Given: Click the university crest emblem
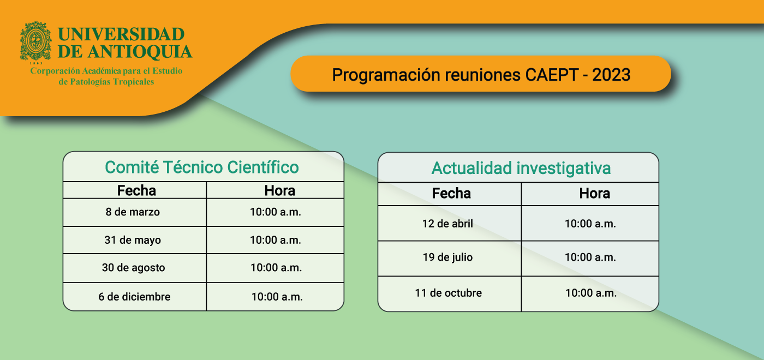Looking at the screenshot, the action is click(x=35, y=41).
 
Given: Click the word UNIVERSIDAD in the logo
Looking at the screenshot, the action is click(x=121, y=34).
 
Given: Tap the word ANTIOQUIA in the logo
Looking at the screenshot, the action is click(x=140, y=52).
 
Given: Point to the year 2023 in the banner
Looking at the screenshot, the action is click(x=611, y=75).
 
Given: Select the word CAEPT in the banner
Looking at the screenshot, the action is click(x=552, y=75).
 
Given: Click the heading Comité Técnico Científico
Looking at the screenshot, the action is click(x=202, y=167).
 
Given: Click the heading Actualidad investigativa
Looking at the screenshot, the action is click(x=521, y=169).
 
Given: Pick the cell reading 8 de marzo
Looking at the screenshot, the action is click(x=133, y=212).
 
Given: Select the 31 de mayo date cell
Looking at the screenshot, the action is click(x=133, y=240).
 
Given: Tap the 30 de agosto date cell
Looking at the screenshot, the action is click(x=133, y=268).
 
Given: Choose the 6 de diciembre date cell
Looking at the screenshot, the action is click(x=134, y=297).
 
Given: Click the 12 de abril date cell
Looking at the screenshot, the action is click(x=447, y=224).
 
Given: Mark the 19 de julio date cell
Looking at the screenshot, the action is click(x=447, y=257).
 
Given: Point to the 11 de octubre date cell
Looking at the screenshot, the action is click(x=448, y=293).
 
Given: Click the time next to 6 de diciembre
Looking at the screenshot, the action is click(x=277, y=297).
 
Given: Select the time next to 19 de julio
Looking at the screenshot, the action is click(x=590, y=257).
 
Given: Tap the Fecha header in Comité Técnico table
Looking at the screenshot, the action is click(x=136, y=190).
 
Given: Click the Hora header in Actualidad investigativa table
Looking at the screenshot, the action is click(x=594, y=193).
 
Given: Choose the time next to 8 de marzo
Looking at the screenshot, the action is click(x=275, y=212).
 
